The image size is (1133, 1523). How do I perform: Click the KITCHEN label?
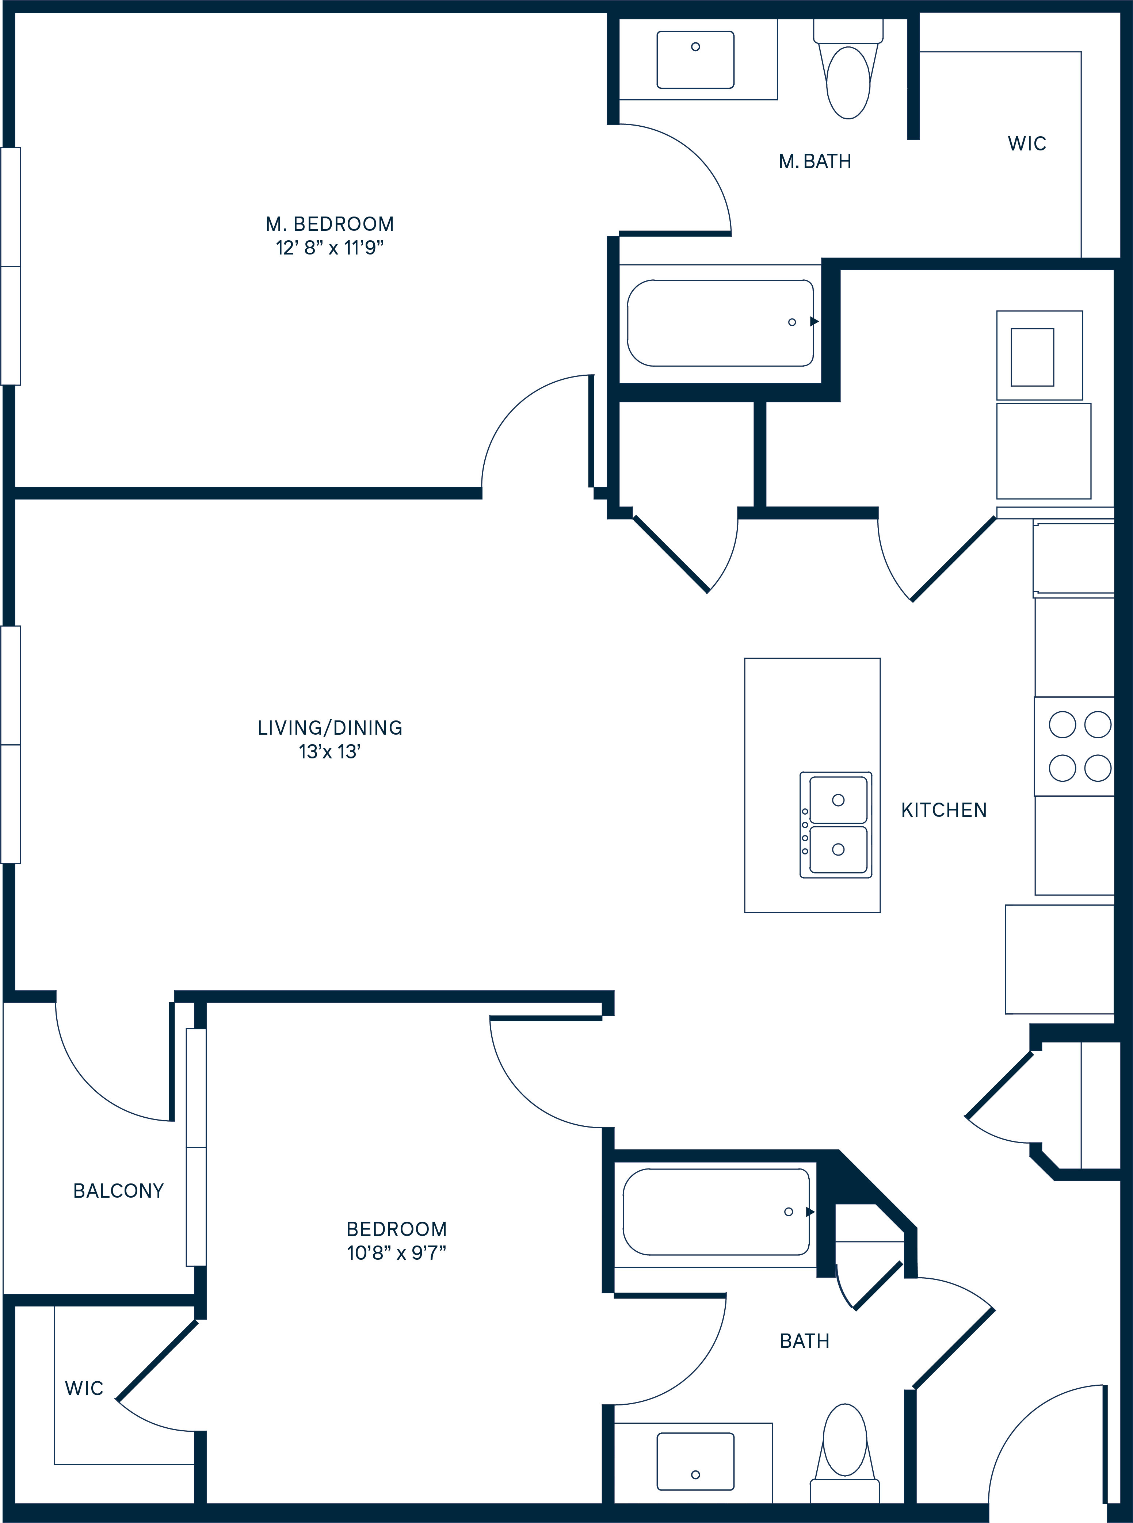[x=944, y=810]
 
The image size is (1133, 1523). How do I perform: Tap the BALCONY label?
[x=119, y=1190]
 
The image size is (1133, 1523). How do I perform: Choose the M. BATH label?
[x=815, y=161]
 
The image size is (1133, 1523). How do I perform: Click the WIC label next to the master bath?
[x=1027, y=143]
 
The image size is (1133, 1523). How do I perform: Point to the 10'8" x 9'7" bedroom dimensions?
[x=396, y=1253]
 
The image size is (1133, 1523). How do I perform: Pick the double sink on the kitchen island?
[x=836, y=824]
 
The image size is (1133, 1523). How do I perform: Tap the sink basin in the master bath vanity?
[x=695, y=60]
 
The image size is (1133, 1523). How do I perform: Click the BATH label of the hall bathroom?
[x=805, y=1340]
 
